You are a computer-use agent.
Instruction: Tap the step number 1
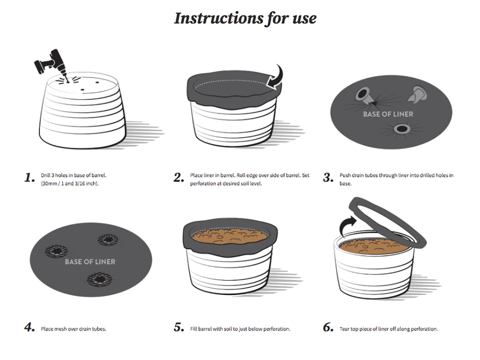[x=30, y=177]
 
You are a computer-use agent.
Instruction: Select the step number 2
[x=179, y=177]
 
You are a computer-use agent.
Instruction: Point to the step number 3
[x=328, y=177]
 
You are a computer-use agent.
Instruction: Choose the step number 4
[x=30, y=327]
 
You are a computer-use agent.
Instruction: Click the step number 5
[x=179, y=327]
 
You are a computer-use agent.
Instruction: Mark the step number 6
[x=328, y=327]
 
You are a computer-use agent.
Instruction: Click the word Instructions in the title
[x=219, y=18]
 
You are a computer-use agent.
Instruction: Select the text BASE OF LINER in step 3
[x=388, y=114]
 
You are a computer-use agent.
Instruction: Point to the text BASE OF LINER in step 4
[x=90, y=262]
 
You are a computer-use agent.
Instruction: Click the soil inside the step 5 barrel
[x=230, y=236]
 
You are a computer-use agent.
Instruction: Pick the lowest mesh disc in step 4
[x=100, y=279]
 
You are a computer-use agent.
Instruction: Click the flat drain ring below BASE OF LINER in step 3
[x=402, y=129]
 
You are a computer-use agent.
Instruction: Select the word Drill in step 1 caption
[x=45, y=175]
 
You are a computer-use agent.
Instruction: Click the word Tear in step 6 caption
[x=344, y=329]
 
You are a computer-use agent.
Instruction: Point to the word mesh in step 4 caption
[x=60, y=329]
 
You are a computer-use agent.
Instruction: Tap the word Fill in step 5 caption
[x=193, y=329]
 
